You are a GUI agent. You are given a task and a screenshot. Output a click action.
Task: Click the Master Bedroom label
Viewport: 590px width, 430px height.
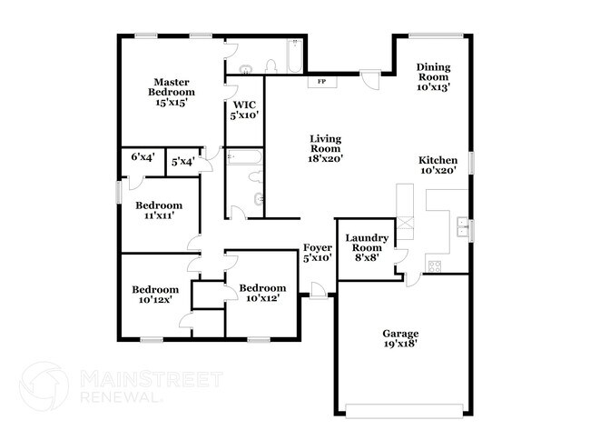click(x=172, y=92)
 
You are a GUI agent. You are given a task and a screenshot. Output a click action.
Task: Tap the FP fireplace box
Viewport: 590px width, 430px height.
click(x=322, y=82)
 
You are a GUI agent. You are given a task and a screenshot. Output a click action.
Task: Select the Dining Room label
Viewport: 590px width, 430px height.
click(x=434, y=76)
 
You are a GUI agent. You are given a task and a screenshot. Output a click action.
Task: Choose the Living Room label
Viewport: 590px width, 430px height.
click(x=325, y=148)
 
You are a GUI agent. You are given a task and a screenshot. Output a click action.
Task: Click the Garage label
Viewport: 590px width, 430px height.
click(x=400, y=338)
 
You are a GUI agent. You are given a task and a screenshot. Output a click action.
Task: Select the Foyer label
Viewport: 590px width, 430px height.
click(x=317, y=252)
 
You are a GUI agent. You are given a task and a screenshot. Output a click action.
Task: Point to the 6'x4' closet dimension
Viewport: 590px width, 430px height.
click(x=143, y=158)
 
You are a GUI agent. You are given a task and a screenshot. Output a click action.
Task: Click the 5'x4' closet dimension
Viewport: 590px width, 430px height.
click(x=182, y=162)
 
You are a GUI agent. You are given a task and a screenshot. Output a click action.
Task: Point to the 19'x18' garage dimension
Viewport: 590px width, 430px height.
click(x=400, y=345)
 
